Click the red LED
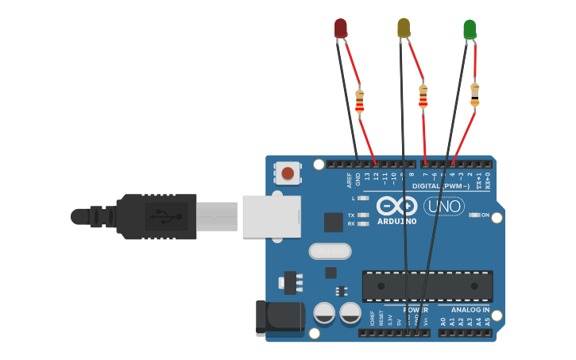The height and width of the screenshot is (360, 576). tap(340, 28)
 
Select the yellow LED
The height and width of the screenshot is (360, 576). tap(404, 28)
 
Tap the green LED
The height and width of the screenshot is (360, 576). tap(470, 29)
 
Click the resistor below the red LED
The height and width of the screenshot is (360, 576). tap(359, 101)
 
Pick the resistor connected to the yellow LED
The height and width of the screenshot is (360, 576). tap(423, 97)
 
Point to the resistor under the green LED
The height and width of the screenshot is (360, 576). tap(475, 94)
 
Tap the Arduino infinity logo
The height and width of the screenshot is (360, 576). tap(396, 206)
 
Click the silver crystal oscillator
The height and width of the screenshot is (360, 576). tap(330, 251)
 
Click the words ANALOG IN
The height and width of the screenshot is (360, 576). tap(470, 309)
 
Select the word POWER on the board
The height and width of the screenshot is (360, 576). tap(416, 309)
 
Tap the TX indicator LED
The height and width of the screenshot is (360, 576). tap(364, 215)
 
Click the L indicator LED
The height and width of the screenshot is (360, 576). tap(364, 198)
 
